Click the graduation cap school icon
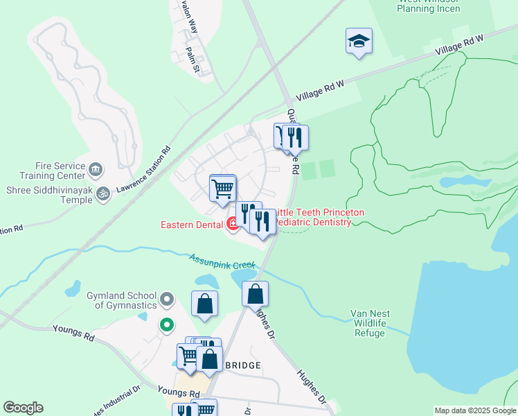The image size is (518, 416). pos(359,41)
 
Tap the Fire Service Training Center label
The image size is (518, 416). pos(46,171)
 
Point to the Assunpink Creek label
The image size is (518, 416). pos(222,261)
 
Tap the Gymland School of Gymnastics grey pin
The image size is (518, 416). pos(166,300)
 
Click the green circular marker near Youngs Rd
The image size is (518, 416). pos(166,324)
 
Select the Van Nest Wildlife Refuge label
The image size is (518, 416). pos(370,323)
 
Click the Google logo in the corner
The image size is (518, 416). pos(23,408)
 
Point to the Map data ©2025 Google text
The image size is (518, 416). pos(475,410)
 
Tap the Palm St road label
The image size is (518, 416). pos(193,60)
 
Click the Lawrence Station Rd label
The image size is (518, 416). pos(143,169)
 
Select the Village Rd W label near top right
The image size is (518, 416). pos(461,49)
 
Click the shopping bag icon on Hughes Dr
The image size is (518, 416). pos(255,294)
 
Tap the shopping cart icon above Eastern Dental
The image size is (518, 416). pos(223,188)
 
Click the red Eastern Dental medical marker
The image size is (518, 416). pos(233,223)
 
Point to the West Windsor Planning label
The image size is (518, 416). pos(429,6)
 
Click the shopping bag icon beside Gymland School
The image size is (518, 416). pos(204,304)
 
